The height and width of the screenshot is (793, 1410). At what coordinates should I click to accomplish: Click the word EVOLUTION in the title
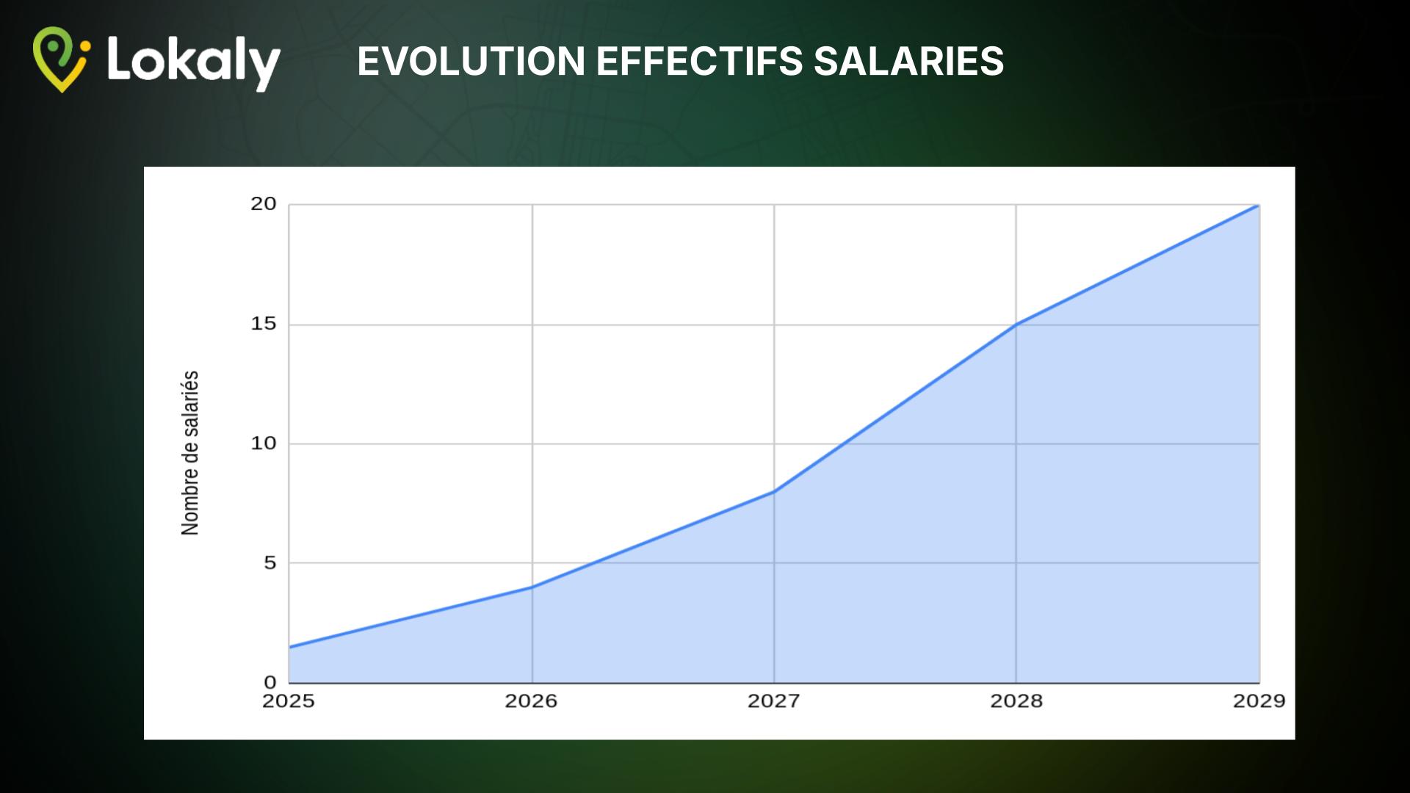pyautogui.click(x=471, y=61)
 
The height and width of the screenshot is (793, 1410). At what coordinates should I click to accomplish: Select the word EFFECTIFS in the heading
pyautogui.click(x=700, y=61)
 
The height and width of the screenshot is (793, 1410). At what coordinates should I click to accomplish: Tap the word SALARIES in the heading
pyautogui.click(x=908, y=61)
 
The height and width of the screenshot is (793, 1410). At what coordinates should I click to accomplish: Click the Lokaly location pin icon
pyautogui.click(x=61, y=59)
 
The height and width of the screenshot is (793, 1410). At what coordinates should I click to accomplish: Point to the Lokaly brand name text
pyautogui.click(x=194, y=63)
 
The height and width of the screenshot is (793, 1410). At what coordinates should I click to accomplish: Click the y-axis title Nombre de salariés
pyautogui.click(x=189, y=453)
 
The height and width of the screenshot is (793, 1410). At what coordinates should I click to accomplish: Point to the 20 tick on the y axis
pyautogui.click(x=263, y=203)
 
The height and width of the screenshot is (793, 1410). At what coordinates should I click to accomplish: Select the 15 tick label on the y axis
pyautogui.click(x=263, y=323)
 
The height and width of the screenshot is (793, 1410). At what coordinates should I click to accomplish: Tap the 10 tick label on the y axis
pyautogui.click(x=263, y=443)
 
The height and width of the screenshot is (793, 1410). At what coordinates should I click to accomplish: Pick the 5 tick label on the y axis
pyautogui.click(x=270, y=562)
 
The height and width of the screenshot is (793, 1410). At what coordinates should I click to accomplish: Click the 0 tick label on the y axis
pyautogui.click(x=270, y=682)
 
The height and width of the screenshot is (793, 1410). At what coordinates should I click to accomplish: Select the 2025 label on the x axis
pyautogui.click(x=289, y=701)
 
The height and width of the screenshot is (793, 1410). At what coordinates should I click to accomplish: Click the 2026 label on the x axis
pyautogui.click(x=531, y=701)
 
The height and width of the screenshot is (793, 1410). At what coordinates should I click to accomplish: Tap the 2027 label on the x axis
pyautogui.click(x=773, y=701)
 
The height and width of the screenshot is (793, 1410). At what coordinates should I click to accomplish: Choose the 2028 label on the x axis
pyautogui.click(x=1016, y=701)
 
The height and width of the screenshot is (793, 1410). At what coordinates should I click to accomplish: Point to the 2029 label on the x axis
pyautogui.click(x=1259, y=701)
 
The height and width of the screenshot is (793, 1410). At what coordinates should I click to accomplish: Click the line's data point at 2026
pyautogui.click(x=532, y=587)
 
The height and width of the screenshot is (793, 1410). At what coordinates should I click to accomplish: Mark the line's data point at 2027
pyautogui.click(x=774, y=491)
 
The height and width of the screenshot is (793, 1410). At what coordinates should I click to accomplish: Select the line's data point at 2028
pyautogui.click(x=1016, y=324)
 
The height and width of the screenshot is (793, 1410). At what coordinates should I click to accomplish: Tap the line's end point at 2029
pyautogui.click(x=1259, y=205)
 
